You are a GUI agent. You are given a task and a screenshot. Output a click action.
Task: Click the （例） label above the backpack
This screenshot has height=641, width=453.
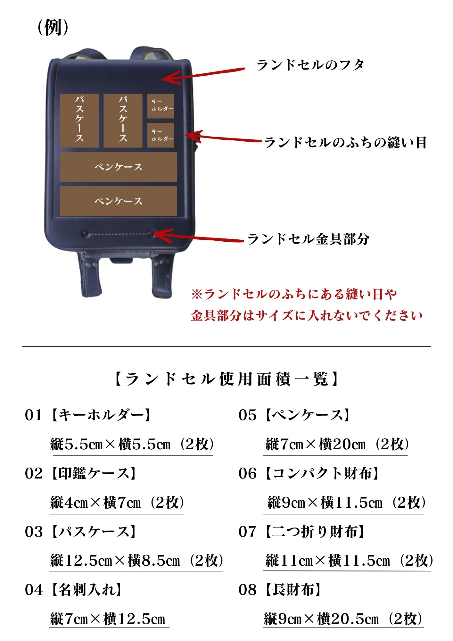click(53, 28)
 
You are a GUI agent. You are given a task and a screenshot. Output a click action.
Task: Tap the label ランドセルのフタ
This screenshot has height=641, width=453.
click(310, 65)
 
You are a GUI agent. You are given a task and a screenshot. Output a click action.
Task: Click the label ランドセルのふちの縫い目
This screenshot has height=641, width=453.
click(345, 143)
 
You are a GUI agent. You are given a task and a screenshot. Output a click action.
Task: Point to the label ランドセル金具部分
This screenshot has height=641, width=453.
click(309, 239)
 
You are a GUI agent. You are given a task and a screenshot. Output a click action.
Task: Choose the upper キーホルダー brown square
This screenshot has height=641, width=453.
click(161, 106)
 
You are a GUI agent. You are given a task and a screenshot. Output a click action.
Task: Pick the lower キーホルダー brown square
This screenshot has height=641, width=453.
click(161, 135)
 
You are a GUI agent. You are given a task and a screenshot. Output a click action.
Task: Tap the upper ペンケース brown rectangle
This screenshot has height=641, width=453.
click(119, 167)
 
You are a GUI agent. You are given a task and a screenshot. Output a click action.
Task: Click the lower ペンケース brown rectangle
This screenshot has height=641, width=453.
click(119, 201)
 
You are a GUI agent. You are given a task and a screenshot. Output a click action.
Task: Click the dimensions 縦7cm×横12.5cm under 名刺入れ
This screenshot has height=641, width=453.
click(108, 619)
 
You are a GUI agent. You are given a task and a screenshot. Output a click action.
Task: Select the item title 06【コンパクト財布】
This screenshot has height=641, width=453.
click(309, 473)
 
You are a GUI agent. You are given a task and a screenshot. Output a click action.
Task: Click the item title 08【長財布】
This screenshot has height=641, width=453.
click(280, 590)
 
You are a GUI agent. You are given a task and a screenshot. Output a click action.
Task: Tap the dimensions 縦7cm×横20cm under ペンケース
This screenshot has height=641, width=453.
click(316, 444)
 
